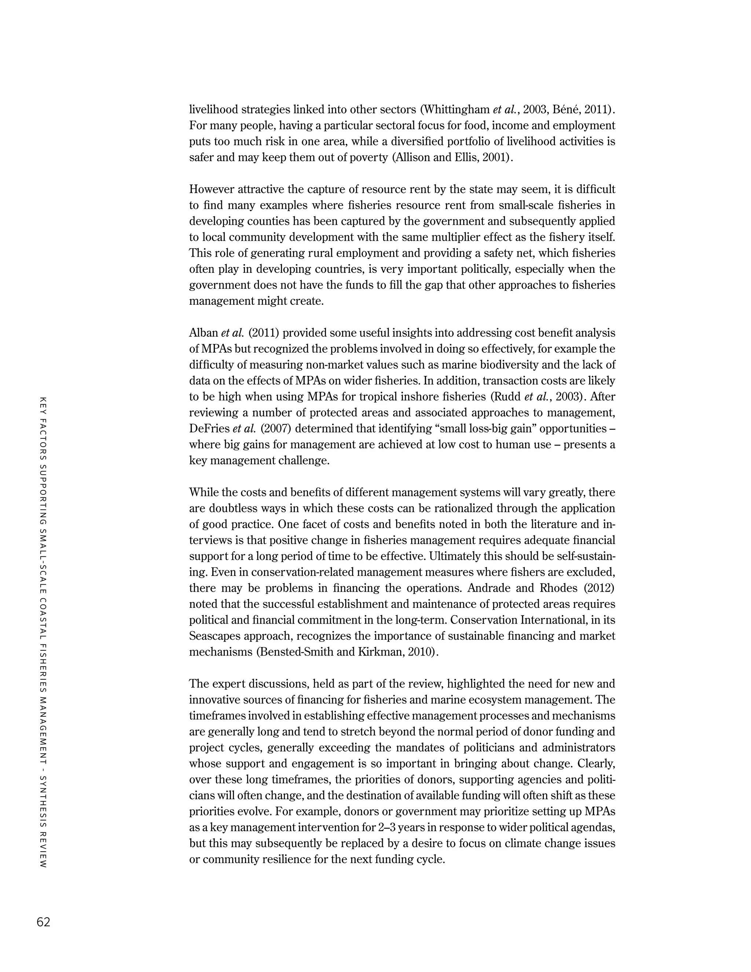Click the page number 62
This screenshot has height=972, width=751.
44,922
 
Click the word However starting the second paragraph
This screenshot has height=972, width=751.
211,189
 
